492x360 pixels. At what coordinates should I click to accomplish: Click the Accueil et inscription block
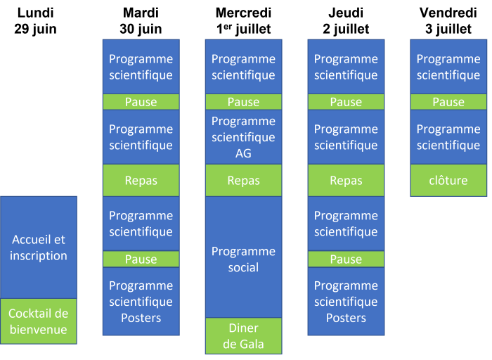coord(39,247)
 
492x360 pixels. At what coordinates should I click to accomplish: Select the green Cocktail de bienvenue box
coord(39,321)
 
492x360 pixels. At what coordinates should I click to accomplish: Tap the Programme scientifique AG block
coord(243,137)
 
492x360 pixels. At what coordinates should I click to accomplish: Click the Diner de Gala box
coord(243,336)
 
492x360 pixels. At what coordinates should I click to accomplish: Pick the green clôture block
coord(448,181)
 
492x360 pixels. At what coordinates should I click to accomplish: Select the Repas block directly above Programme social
coord(243,181)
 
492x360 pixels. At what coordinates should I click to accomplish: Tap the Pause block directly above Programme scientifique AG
coord(243,102)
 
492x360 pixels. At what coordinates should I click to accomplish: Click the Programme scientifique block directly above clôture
coord(448,137)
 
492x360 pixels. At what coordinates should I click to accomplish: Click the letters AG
coord(243,153)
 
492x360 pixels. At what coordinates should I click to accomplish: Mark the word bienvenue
coord(39,330)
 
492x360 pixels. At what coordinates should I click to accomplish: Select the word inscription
coord(39,256)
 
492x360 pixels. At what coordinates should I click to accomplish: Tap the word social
coord(243,267)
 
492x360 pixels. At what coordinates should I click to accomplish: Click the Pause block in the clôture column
coord(448,102)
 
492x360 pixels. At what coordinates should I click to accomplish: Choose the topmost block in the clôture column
coord(448,67)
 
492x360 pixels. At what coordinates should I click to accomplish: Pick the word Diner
coord(243,328)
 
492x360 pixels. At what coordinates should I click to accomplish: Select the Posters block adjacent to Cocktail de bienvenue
coord(141,301)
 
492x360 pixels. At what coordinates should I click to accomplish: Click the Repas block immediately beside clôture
coord(346,181)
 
